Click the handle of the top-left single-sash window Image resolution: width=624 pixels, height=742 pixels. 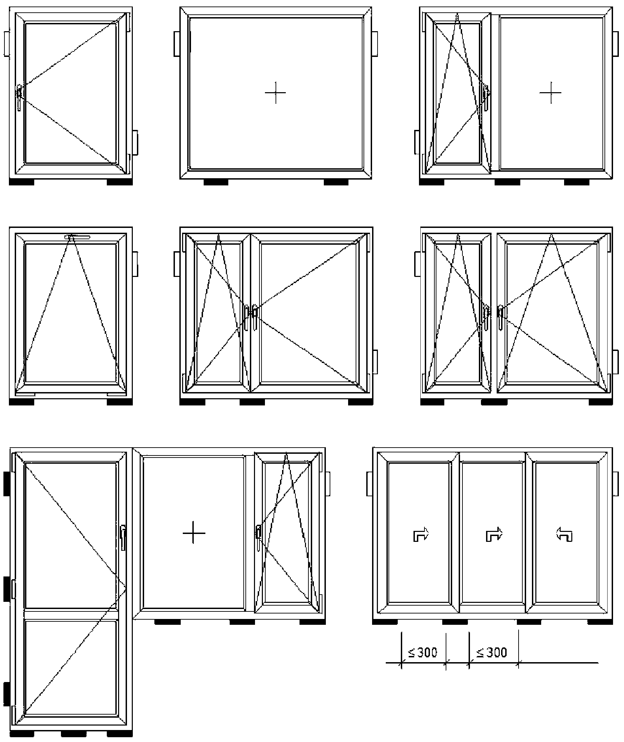tap(20, 97)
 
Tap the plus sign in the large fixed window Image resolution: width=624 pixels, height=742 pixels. tap(275, 93)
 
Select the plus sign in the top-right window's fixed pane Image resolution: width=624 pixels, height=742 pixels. tap(550, 93)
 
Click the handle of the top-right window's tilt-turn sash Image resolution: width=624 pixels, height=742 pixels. tap(486, 97)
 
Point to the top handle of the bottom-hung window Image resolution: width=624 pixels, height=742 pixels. tap(77, 236)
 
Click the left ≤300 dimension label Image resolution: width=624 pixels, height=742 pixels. tap(423, 652)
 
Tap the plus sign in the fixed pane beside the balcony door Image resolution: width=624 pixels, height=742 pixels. tap(194, 532)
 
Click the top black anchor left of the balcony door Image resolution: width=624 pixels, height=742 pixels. tap(7, 483)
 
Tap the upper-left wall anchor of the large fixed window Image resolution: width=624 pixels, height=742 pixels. tap(177, 44)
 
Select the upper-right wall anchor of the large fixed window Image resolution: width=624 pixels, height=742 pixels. tap(374, 44)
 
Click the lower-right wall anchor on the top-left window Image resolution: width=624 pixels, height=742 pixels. tap(135, 142)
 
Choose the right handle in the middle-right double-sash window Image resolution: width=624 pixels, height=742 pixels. tap(500, 317)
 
